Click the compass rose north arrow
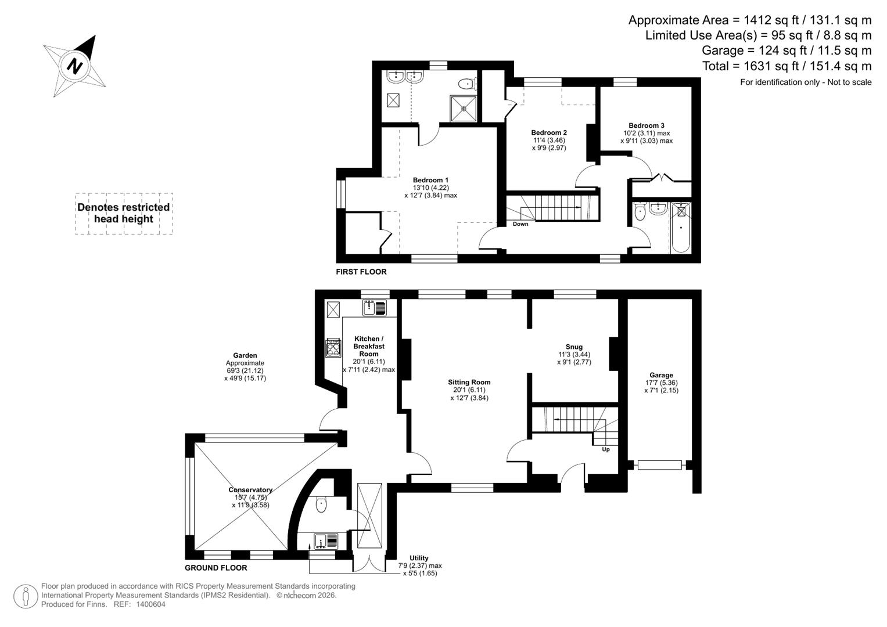[x=74, y=65]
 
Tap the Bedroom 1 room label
[x=430, y=180]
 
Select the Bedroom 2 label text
[x=549, y=133]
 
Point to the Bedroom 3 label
[x=646, y=125]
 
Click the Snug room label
[x=574, y=347]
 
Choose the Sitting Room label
[x=469, y=382]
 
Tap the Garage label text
[x=661, y=375]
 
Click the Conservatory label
[x=250, y=490]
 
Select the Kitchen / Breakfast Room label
[x=369, y=346]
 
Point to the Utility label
[x=419, y=558]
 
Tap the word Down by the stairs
[x=520, y=224]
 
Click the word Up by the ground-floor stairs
[x=606, y=449]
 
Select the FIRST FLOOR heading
[x=361, y=272]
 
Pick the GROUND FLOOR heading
[x=216, y=568]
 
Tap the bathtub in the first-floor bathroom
[x=681, y=228]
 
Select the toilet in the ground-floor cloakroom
[x=321, y=505]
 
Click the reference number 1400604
[x=150, y=604]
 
